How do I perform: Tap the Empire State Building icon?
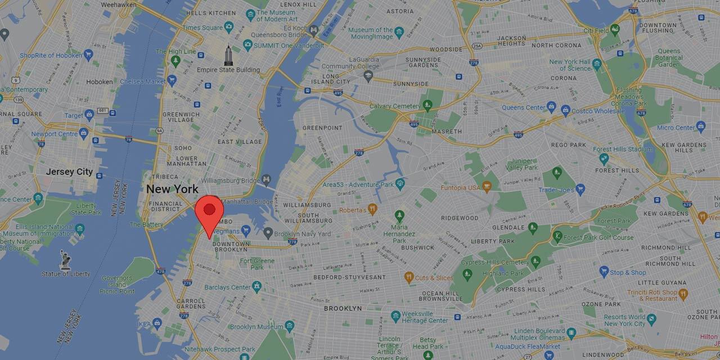point(228,56)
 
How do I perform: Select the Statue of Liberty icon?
point(66,260)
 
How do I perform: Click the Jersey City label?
point(69,172)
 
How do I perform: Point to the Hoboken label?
point(100,82)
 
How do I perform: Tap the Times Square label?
point(202,28)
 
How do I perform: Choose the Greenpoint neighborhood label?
point(322,128)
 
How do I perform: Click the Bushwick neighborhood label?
point(418,247)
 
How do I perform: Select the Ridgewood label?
point(460,218)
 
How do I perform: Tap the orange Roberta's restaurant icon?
point(372,209)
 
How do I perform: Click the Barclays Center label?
point(227,287)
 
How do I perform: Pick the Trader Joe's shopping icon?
point(580,190)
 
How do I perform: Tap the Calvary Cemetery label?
point(395,106)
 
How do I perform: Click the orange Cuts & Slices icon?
point(409,277)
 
